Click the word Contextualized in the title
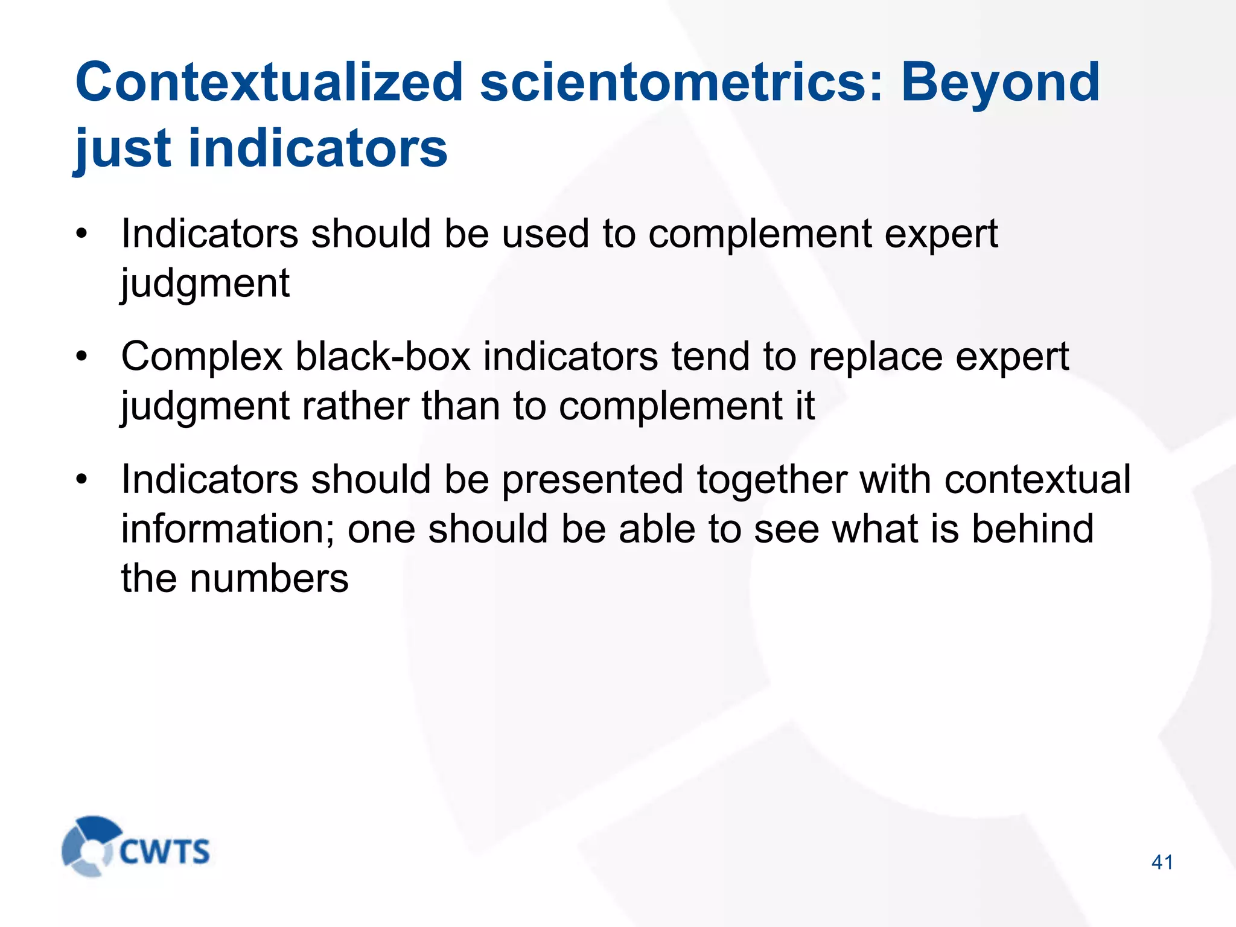269,83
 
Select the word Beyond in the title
1000,83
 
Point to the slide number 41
1162,862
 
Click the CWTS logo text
164,852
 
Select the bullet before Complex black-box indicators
81,357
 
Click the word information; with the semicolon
227,529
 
